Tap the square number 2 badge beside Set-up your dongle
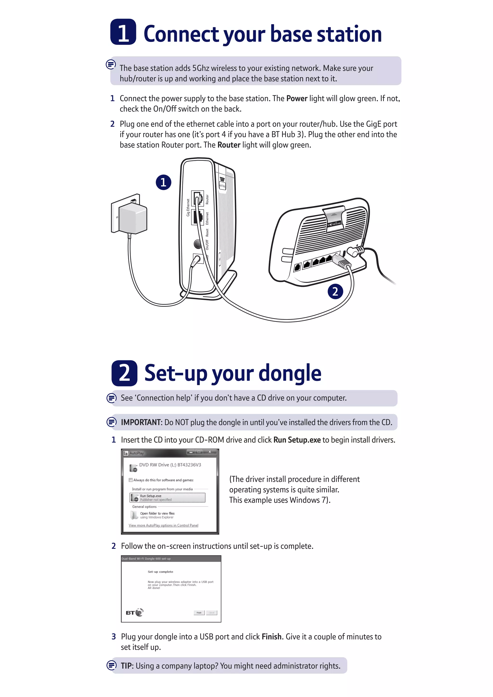(124, 373)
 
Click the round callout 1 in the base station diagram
(163, 182)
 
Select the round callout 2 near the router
(335, 291)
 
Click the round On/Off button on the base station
(198, 244)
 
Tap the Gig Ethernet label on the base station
(188, 208)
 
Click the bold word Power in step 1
(297, 99)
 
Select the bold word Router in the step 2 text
(229, 145)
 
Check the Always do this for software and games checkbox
(130, 480)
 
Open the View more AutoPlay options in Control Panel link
(163, 525)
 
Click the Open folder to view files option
(157, 515)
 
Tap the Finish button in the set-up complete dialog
(199, 613)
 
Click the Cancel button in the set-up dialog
(212, 613)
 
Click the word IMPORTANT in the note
(141, 422)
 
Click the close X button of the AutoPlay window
(209, 452)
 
